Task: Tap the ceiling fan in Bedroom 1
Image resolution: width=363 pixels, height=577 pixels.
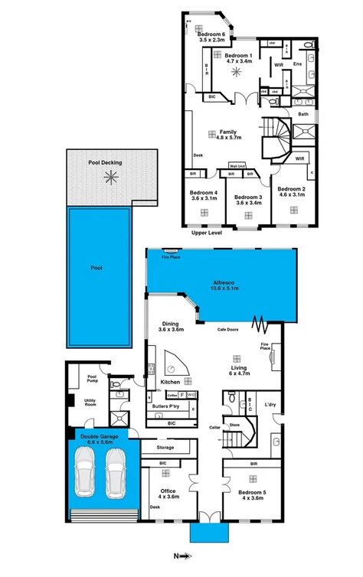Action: (237, 71)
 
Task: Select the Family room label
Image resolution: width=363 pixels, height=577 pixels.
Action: (229, 135)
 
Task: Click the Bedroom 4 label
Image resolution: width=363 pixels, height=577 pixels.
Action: (205, 195)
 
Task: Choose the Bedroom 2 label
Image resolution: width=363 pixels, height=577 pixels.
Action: (292, 191)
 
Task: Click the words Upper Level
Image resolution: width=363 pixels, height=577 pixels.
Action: (207, 232)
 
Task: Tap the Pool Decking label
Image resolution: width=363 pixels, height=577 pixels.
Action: (105, 163)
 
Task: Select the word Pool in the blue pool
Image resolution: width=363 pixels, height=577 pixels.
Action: (96, 268)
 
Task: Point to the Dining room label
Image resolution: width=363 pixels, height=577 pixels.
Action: (170, 326)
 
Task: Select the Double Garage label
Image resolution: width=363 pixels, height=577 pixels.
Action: (96, 439)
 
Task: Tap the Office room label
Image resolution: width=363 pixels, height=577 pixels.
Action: (168, 494)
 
